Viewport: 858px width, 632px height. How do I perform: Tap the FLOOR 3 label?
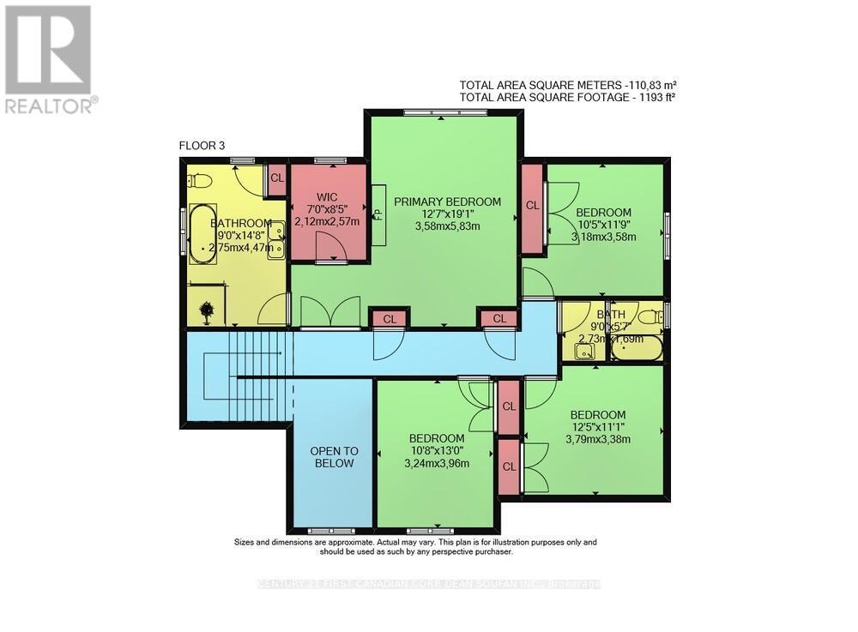202,146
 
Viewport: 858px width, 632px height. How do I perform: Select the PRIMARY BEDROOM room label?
446,202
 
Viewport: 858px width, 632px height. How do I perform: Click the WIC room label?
325,197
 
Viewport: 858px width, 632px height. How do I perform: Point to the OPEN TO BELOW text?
334,457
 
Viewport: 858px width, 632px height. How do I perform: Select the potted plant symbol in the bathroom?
207,311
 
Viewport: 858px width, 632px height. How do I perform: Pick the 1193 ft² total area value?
655,98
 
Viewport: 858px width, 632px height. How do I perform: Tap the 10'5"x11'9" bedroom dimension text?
602,226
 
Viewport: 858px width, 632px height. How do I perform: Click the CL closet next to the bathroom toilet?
277,178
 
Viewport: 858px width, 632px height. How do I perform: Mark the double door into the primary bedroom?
330,312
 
